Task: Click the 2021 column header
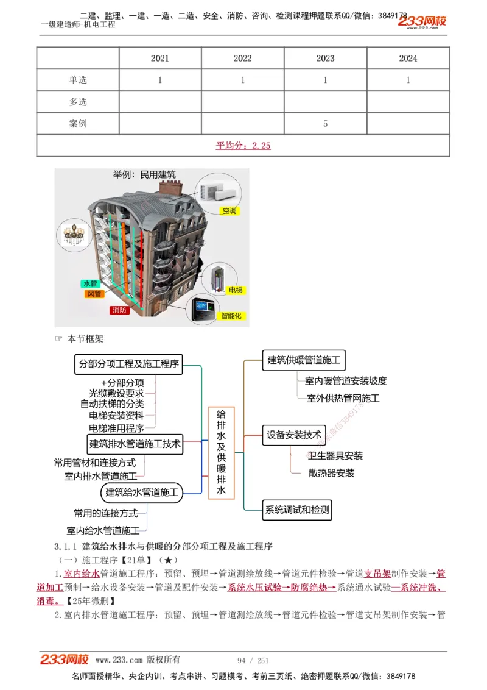click(x=160, y=59)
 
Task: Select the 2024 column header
click(x=408, y=59)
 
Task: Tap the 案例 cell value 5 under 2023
click(x=325, y=124)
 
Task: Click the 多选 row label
click(x=78, y=102)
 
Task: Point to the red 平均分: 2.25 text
click(x=243, y=146)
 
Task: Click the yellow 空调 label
click(x=229, y=211)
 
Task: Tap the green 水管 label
click(x=90, y=283)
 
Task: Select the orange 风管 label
click(x=94, y=294)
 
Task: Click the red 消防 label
click(x=119, y=310)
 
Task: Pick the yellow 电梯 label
click(x=235, y=290)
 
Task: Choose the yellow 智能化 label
click(x=231, y=316)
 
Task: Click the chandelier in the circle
click(x=72, y=235)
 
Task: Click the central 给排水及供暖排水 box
click(x=221, y=452)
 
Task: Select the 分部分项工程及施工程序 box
click(x=128, y=364)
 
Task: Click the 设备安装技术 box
click(x=294, y=435)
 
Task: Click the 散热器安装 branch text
click(x=331, y=473)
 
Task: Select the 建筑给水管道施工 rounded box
click(x=142, y=492)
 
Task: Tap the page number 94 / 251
click(x=253, y=660)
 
